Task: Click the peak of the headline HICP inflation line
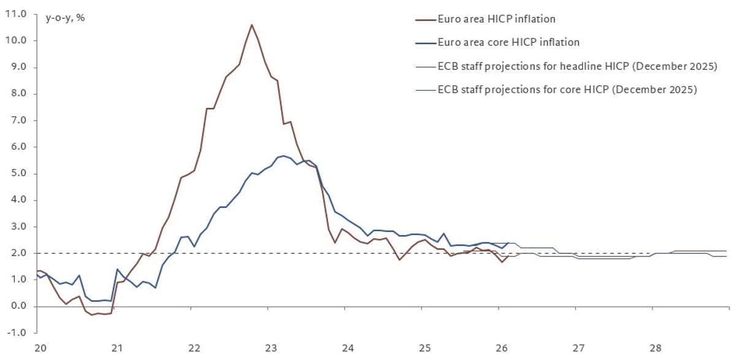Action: pyautogui.click(x=252, y=25)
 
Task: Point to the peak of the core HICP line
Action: pyautogui.click(x=283, y=156)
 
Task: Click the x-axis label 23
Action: pyautogui.click(x=271, y=348)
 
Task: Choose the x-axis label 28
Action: pyautogui.click(x=655, y=348)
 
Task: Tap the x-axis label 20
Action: pyautogui.click(x=40, y=348)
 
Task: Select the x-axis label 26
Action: pyautogui.click(x=501, y=348)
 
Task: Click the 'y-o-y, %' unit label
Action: pyautogui.click(x=65, y=18)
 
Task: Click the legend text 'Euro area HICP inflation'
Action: pyautogui.click(x=496, y=19)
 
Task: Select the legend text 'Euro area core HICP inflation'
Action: pyautogui.click(x=508, y=42)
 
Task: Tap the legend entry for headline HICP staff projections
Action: pyautogui.click(x=577, y=66)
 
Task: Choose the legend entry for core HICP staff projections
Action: pyautogui.click(x=567, y=90)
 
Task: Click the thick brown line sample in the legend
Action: pyautogui.click(x=425, y=19)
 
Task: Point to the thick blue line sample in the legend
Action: pyautogui.click(x=425, y=43)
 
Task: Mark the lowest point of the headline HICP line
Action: pyautogui.click(x=92, y=315)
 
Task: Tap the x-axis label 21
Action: pyautogui.click(x=117, y=348)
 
